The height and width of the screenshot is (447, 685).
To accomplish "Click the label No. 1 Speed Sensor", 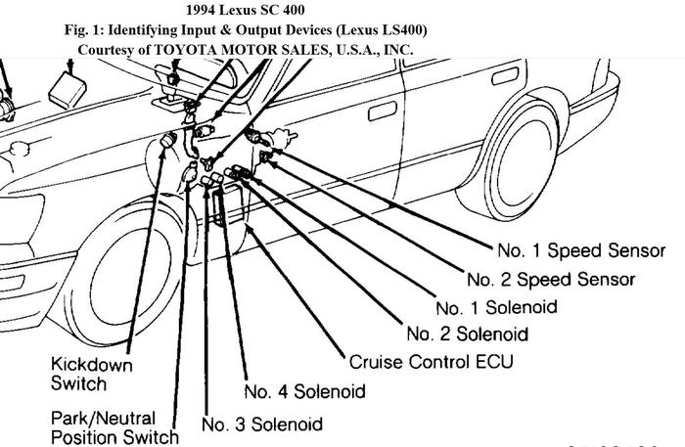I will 580,251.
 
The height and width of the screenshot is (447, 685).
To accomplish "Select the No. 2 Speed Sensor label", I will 551,280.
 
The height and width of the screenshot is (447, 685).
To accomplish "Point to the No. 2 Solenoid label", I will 467,335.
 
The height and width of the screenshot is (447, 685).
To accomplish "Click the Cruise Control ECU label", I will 431,361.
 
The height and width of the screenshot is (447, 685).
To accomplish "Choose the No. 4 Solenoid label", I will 304,391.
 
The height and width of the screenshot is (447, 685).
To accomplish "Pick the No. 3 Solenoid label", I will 261,425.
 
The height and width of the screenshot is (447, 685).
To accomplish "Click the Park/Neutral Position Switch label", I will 114,427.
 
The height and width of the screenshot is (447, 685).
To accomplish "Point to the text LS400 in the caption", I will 396,29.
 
